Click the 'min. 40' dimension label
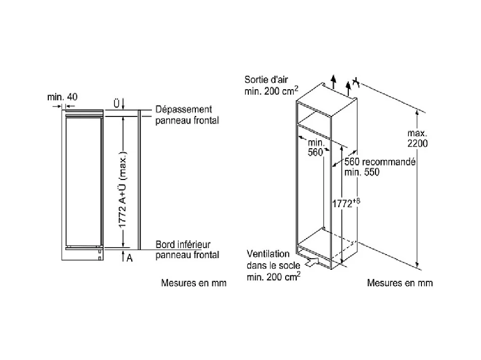tap(62, 97)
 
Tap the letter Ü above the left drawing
tap(116, 103)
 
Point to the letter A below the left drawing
tap(129, 258)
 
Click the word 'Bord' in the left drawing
tap(165, 245)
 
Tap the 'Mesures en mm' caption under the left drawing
tap(193, 283)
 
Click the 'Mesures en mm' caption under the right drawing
tap(400, 283)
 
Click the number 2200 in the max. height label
tap(418, 143)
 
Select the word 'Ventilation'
tap(269, 254)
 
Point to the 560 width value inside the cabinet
tap(314, 153)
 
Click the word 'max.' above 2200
tap(418, 133)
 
